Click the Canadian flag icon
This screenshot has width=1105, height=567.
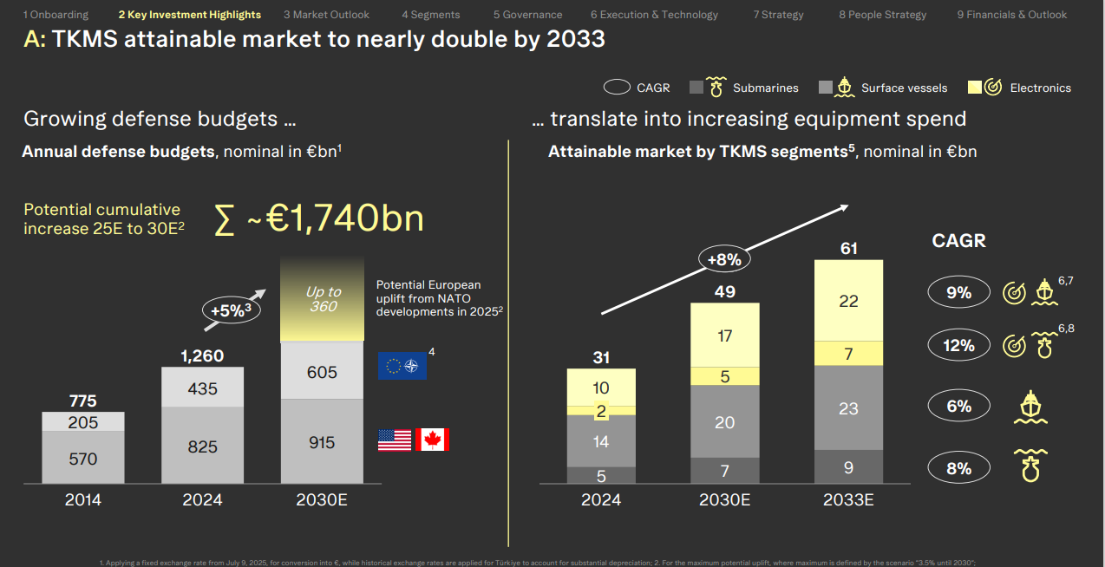click(432, 440)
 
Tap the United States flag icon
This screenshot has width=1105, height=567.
click(395, 440)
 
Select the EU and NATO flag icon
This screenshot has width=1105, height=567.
click(402, 365)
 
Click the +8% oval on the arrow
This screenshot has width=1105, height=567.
click(722, 257)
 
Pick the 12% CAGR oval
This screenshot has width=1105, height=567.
click(958, 345)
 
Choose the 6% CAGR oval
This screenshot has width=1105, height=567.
click(958, 407)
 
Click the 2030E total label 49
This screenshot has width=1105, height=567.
click(724, 292)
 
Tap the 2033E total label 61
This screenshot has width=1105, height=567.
click(848, 250)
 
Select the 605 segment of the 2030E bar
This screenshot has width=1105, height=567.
click(323, 371)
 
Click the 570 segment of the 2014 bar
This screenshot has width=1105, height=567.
click(83, 459)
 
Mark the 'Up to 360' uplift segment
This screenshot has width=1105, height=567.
click(323, 299)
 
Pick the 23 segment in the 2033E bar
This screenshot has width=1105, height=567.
click(848, 408)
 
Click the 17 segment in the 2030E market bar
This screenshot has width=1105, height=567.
click(725, 336)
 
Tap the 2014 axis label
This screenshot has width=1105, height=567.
click(83, 500)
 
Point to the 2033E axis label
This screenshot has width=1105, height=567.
click(848, 500)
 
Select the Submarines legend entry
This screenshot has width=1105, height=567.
click(743, 88)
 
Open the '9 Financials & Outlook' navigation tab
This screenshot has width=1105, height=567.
click(1011, 15)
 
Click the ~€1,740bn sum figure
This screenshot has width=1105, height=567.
click(318, 218)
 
